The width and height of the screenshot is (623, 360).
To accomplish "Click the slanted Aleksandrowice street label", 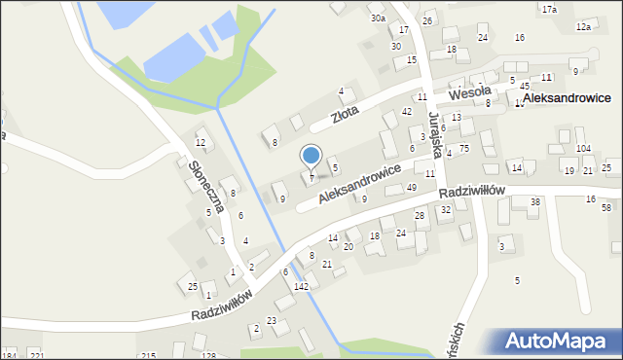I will pyautogui.click(x=360, y=184).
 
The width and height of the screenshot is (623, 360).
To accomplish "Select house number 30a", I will pyautogui.click(x=378, y=18).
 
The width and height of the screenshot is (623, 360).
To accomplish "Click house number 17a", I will pyautogui.click(x=549, y=9).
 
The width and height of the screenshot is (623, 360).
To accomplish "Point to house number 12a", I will pyautogui.click(x=583, y=27).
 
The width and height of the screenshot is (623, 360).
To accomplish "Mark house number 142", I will pyautogui.click(x=302, y=286).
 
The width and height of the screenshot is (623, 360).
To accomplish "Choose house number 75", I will pyautogui.click(x=464, y=148).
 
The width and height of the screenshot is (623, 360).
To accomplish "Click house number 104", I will pyautogui.click(x=583, y=148).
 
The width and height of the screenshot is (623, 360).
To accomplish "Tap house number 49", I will pyautogui.click(x=412, y=187).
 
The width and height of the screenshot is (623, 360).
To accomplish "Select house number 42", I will pyautogui.click(x=407, y=112).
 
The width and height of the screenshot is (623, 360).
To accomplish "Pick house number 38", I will pyautogui.click(x=534, y=201).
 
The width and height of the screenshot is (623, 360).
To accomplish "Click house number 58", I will pyautogui.click(x=605, y=208).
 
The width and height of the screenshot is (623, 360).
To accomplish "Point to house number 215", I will pyautogui.click(x=148, y=356).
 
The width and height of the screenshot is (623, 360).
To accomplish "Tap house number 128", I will pyautogui.click(x=208, y=356).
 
